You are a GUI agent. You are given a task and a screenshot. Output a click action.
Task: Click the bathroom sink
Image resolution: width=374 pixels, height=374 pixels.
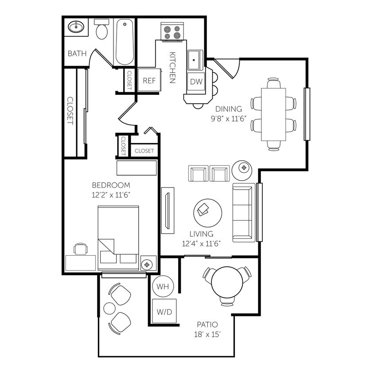click(76, 28)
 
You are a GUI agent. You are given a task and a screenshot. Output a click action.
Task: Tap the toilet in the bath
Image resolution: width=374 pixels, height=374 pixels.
click(102, 30)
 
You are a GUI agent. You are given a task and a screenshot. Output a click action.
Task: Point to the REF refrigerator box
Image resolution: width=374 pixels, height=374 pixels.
click(148, 81)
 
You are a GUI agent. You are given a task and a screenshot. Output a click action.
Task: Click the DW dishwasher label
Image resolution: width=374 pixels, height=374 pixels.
click(196, 82)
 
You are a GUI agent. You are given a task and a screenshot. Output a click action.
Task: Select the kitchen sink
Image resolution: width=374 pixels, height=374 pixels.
click(195, 60)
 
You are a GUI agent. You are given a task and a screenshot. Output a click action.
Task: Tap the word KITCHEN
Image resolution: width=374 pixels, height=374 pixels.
click(173, 67)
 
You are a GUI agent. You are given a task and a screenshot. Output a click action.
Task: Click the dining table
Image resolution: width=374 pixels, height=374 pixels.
click(273, 114)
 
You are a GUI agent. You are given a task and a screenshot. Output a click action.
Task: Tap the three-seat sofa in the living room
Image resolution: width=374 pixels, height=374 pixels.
click(243, 212)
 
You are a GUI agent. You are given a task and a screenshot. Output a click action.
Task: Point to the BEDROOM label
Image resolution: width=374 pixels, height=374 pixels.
click(111, 185)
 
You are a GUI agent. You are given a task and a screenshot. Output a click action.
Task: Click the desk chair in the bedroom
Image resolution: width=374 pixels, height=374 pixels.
click(80, 249)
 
